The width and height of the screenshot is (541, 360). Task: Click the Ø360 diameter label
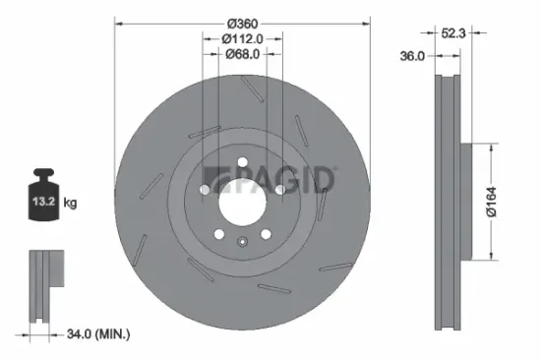(242, 23)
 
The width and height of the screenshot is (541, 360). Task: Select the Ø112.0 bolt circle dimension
(243, 38)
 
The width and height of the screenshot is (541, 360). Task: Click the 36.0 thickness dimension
(413, 57)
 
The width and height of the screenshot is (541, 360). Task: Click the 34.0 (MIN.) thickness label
(95, 335)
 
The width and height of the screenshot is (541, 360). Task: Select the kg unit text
(70, 203)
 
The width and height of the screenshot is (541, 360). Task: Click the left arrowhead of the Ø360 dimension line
(118, 23)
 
